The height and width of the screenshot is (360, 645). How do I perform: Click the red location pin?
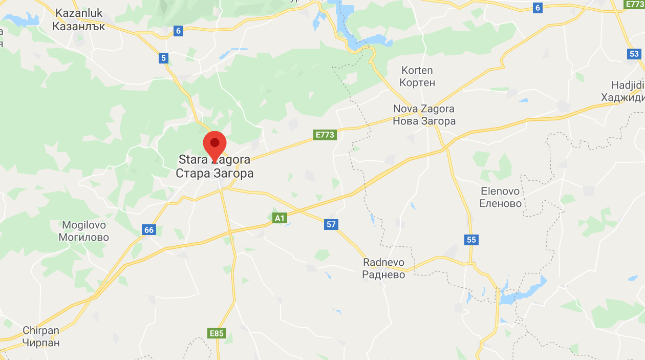pos(214,144)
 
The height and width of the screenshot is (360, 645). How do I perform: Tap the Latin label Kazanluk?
pos(79,13)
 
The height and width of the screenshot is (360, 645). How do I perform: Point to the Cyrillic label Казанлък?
pos(79,26)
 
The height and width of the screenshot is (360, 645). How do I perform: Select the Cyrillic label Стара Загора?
pos(214,173)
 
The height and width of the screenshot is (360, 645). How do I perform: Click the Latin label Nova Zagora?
pos(424,109)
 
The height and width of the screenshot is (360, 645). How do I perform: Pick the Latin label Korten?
pos(417,70)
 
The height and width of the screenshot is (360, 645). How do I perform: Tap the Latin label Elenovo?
pos(500,191)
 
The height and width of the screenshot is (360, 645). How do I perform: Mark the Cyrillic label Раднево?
pos(383,274)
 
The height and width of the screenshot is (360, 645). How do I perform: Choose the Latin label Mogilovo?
pos(84,225)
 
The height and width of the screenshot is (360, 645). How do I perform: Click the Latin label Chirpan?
pos(41,330)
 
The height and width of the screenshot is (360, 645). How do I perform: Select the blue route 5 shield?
pos(164,58)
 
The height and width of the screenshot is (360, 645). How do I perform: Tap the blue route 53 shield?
pos(634,54)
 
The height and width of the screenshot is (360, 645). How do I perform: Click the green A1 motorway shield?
pos(279,218)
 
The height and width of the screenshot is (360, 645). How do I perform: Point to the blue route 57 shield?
pos(331,224)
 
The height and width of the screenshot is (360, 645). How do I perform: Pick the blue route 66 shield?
pos(148,230)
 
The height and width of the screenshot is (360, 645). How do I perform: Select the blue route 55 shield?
pos(471,239)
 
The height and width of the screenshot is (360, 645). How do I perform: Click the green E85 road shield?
pos(217,333)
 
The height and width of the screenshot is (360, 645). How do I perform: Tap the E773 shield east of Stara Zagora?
pos(325,135)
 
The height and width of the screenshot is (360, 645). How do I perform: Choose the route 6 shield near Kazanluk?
pos(178,31)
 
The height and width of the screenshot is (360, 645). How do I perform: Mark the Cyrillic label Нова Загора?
pos(424,121)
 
